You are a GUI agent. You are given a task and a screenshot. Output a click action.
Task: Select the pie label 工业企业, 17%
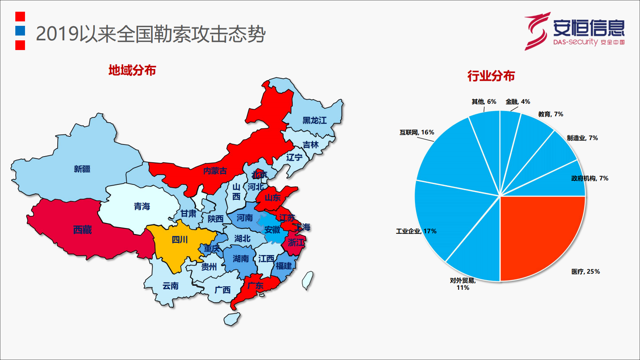point(416,231)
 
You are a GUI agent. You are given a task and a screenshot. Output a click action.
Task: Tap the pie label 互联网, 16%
point(417,132)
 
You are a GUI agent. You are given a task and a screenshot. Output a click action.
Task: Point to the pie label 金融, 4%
point(518,102)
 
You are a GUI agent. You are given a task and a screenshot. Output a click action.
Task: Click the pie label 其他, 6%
point(484,102)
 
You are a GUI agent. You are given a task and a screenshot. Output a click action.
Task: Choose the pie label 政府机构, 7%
point(590,178)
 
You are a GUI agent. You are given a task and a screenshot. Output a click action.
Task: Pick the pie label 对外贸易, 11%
point(463,284)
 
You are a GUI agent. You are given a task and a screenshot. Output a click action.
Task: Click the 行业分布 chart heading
point(491,76)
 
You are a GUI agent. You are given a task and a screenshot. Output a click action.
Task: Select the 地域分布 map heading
point(132,70)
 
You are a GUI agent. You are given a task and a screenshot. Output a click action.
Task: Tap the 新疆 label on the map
point(82,169)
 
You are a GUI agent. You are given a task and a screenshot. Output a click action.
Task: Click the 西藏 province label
point(82,230)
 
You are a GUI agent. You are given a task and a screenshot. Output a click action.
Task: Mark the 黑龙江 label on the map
point(315,120)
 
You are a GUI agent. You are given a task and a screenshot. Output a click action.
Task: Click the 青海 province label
point(142,207)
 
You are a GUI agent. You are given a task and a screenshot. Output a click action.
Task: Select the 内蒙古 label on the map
point(215,171)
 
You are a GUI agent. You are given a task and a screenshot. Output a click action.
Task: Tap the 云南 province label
point(170,286)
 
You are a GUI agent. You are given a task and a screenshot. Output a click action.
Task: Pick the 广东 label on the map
point(255,286)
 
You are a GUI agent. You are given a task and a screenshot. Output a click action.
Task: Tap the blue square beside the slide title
point(20,31)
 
